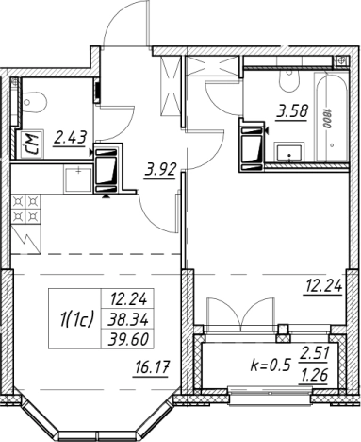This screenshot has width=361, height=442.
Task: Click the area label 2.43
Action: pos(70,138)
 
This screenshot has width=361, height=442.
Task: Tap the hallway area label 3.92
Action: pos(159,170)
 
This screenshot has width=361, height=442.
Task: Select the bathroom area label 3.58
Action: pos(292,111)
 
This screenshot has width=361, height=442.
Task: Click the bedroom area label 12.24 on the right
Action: pos(322,286)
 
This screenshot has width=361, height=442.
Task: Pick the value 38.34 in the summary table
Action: pos(128,320)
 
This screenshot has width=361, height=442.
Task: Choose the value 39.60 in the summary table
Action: pos(128,339)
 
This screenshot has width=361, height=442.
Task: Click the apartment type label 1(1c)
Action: pos(76,320)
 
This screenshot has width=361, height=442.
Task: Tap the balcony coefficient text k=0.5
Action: pos(270,365)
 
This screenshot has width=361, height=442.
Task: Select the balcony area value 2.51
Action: pos(314,355)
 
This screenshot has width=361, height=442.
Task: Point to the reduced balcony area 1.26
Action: pos(314,376)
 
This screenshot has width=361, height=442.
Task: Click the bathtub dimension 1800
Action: pos(328,118)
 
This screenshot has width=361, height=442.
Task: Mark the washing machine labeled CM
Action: pos(30,144)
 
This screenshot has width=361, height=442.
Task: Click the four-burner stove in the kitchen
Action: pos(26,208)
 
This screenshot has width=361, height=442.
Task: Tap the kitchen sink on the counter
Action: pos(78,179)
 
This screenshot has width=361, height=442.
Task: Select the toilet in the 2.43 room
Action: pos(35,101)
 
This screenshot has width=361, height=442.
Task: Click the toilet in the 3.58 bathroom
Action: pos(289,79)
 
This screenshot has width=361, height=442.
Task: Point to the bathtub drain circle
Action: pos(332,145)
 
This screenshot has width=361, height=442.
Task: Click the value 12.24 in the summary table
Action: pos(128,300)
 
